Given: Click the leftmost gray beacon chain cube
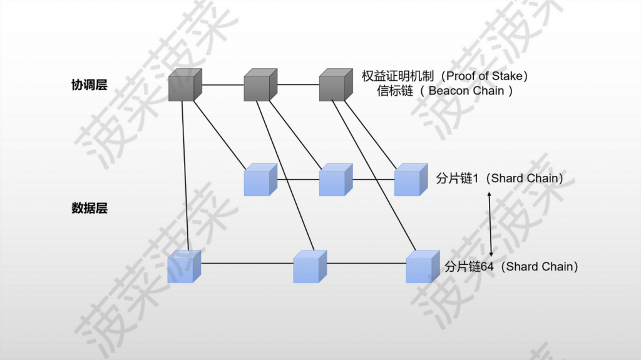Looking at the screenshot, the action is (185, 85).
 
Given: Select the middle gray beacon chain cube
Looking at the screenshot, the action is (260, 85).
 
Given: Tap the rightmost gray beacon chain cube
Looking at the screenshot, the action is (336, 85).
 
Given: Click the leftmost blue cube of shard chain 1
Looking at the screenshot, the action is (260, 180).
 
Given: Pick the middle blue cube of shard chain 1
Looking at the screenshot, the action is (336, 180).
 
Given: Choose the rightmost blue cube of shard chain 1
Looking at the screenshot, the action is (411, 180).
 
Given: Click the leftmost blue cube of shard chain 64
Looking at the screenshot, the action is (185, 267).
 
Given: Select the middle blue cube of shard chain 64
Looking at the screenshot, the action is (310, 267).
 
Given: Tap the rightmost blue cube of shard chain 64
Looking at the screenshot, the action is (423, 267).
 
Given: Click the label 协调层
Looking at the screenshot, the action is (89, 85).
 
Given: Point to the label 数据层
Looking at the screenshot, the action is (89, 208).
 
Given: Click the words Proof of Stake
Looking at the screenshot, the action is (485, 76).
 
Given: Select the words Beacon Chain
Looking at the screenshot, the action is (466, 91).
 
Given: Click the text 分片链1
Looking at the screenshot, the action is (457, 178).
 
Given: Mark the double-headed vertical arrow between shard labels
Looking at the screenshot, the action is (490, 225).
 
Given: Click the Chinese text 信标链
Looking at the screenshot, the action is (395, 91).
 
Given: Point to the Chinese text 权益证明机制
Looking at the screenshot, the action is (397, 76).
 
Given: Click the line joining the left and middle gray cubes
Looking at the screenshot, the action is (223, 85).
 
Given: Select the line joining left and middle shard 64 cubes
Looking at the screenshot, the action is (247, 263).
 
